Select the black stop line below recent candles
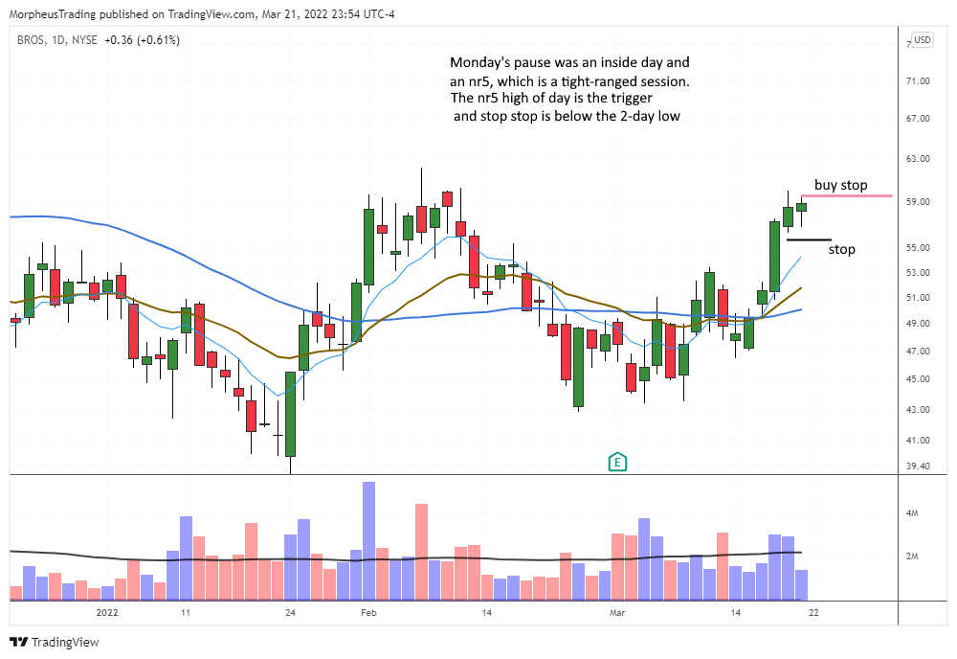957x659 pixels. point(809,239)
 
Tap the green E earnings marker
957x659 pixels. point(618,463)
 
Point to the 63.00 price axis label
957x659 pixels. point(920,159)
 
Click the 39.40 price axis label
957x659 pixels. point(920,466)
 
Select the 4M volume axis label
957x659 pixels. point(914,514)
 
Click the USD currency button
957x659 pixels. point(923,40)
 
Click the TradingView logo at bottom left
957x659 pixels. point(55,642)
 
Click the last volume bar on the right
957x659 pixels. point(801,584)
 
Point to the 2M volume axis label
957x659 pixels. point(914,557)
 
